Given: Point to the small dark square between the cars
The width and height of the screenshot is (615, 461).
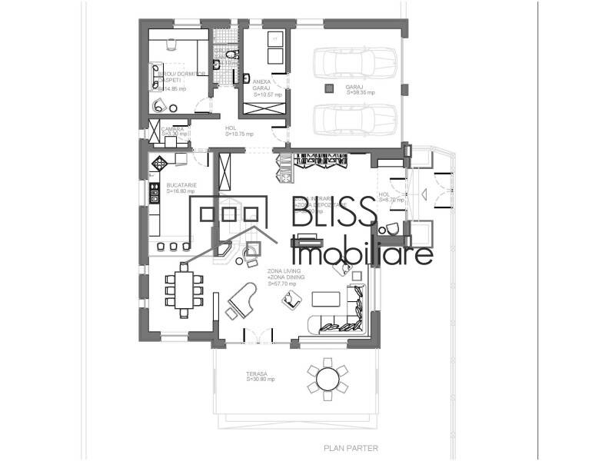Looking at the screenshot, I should tap(328, 88).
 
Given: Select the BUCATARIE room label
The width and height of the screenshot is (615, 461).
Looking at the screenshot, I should tap(178, 186).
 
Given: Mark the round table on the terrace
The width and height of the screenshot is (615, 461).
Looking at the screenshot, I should tap(327, 378).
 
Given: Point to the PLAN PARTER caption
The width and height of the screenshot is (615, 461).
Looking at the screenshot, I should tap(351, 448).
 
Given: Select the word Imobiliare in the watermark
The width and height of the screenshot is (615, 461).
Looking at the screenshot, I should tap(362, 254).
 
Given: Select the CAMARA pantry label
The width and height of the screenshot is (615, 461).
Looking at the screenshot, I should tap(173, 130).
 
